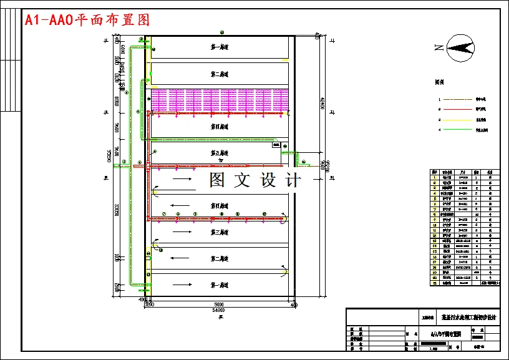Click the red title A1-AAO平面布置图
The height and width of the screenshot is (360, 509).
coord(87,20)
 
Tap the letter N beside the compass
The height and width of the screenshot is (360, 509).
coord(439,47)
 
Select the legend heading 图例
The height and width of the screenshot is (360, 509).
coord(440,82)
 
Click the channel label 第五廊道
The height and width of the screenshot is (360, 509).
coord(219,152)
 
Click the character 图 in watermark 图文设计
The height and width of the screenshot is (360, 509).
coord(218,180)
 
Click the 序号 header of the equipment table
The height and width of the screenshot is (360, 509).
coord(434,172)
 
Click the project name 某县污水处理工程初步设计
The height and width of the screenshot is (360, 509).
coord(468,316)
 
